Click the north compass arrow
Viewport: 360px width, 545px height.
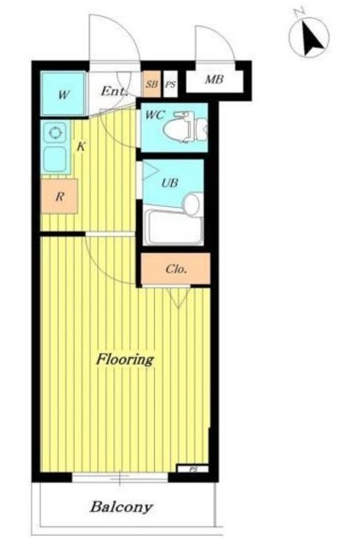tap(311, 38)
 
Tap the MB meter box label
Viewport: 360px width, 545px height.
tap(214, 79)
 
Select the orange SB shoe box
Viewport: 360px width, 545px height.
tap(151, 83)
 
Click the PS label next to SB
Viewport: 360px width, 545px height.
tap(170, 84)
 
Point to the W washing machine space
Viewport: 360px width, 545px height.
tap(63, 93)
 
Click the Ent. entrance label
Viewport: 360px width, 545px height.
tap(113, 91)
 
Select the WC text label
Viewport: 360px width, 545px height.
tap(155, 115)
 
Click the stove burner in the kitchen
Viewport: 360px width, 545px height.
tap(54, 133)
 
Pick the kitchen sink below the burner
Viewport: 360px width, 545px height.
tap(54, 158)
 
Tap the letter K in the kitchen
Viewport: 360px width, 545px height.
tap(81, 146)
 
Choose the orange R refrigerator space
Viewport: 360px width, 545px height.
tap(59, 196)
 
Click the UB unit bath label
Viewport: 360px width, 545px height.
tap(169, 182)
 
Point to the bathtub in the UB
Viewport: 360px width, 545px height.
tap(174, 227)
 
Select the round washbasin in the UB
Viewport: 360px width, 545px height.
tap(191, 204)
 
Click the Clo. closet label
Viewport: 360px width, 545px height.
tap(177, 269)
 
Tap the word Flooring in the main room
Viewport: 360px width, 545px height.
tap(125, 360)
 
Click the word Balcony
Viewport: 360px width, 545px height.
tap(121, 508)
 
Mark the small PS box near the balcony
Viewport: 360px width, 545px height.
tap(193, 469)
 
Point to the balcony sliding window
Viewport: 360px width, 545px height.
tap(120, 477)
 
